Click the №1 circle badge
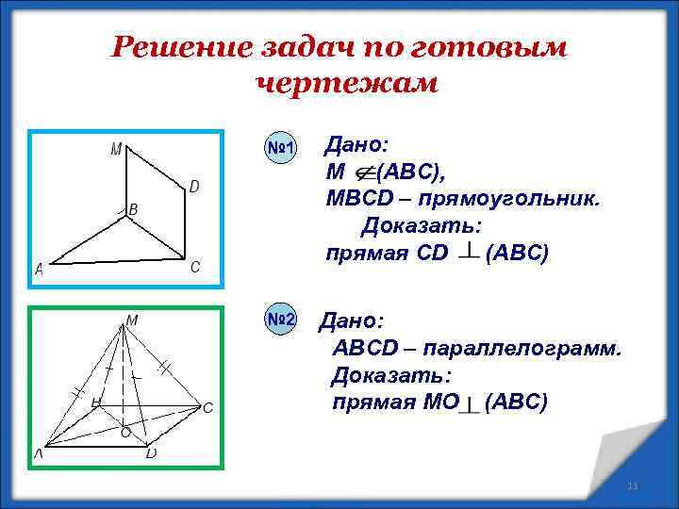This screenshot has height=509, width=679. tap(280, 148)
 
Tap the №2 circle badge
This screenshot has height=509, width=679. tap(280, 320)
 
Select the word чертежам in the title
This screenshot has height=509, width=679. tap(346, 84)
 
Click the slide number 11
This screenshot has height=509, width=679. tap(633, 485)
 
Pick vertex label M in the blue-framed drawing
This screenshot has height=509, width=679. tap(115, 148)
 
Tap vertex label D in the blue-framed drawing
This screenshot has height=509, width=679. tap(193, 187)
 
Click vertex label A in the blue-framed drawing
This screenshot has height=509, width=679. tap(40, 270)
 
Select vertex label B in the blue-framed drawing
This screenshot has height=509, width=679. tap(133, 209)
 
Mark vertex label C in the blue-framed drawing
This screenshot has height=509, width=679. tap(194, 267)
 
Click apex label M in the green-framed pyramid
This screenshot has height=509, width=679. tap(133, 320)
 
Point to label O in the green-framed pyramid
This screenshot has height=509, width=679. tap(124, 433)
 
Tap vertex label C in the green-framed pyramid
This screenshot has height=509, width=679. tap(207, 407)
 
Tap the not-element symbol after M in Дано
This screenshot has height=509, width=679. tap(363, 172)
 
